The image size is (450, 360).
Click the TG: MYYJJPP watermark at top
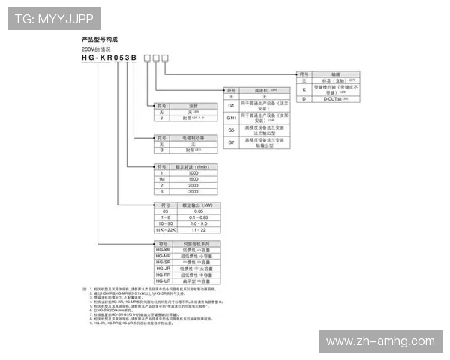point(53,17)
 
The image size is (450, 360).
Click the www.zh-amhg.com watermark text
point(380,341)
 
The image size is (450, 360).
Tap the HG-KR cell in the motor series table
point(162,249)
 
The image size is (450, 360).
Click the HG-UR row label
point(162,281)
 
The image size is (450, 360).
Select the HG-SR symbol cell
point(162,262)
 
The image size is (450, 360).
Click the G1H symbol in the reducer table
point(232,118)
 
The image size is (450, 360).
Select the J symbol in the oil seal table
point(161,118)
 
